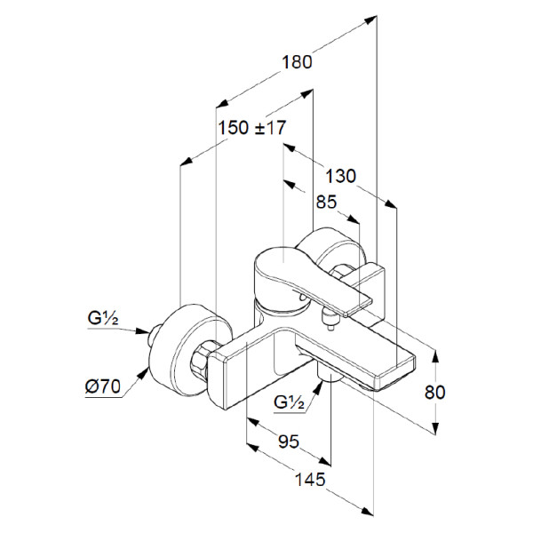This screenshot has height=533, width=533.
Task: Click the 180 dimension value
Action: (298, 62)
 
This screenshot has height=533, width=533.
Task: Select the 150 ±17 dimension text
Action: (251, 128)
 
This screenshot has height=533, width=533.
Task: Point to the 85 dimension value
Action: (327, 202)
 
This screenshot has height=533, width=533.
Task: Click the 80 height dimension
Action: (435, 392)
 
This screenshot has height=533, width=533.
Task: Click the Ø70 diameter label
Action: (105, 386)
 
